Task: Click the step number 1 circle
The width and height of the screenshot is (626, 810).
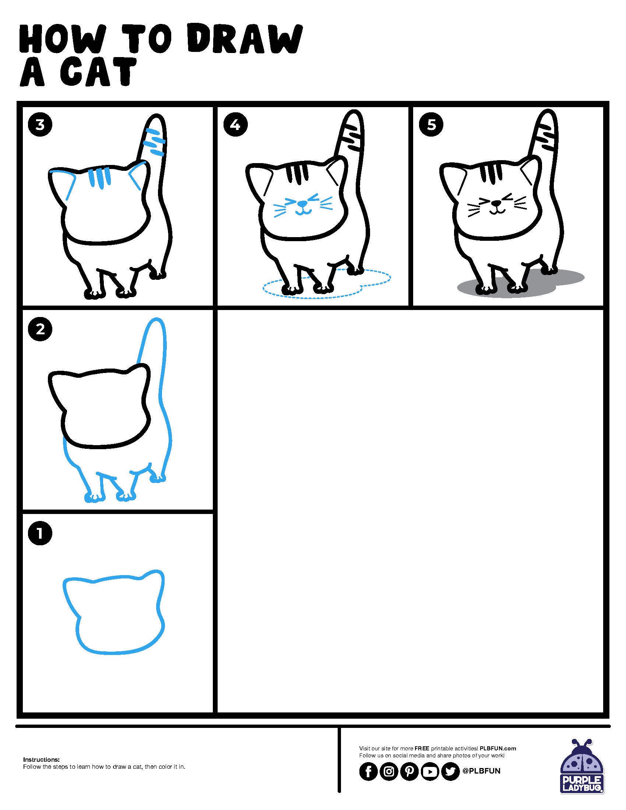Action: pos(40,534)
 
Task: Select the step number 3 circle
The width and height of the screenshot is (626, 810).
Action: pos(40,125)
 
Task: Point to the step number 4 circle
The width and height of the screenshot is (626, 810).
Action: pos(235,125)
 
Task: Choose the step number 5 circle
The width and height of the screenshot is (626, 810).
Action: pos(431,125)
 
